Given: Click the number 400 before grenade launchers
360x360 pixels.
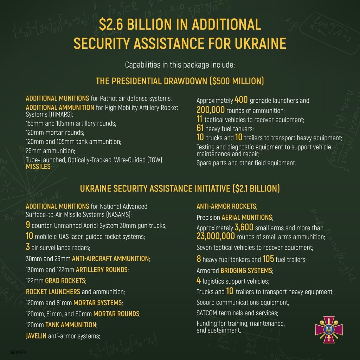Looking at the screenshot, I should [241, 100].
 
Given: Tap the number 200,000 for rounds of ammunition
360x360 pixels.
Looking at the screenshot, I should [210, 110].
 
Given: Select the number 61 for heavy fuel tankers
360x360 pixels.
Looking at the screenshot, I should [200, 128].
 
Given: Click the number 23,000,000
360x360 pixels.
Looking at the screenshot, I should [215, 236].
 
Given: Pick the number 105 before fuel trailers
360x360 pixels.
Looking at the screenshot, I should [268, 259].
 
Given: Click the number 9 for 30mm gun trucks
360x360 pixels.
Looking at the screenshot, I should [28, 225].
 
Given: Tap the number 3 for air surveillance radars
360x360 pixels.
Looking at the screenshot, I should [28, 247].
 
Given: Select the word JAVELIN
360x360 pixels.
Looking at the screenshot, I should [36, 336].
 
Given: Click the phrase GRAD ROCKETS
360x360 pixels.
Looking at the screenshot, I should [65, 281].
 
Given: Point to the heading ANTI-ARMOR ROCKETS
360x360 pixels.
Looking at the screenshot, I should [227, 206].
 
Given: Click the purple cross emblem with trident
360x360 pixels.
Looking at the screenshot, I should [329, 329].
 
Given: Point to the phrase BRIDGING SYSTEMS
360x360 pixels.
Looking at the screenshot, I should [246, 271].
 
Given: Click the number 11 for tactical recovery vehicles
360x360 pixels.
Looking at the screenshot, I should [199, 120].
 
